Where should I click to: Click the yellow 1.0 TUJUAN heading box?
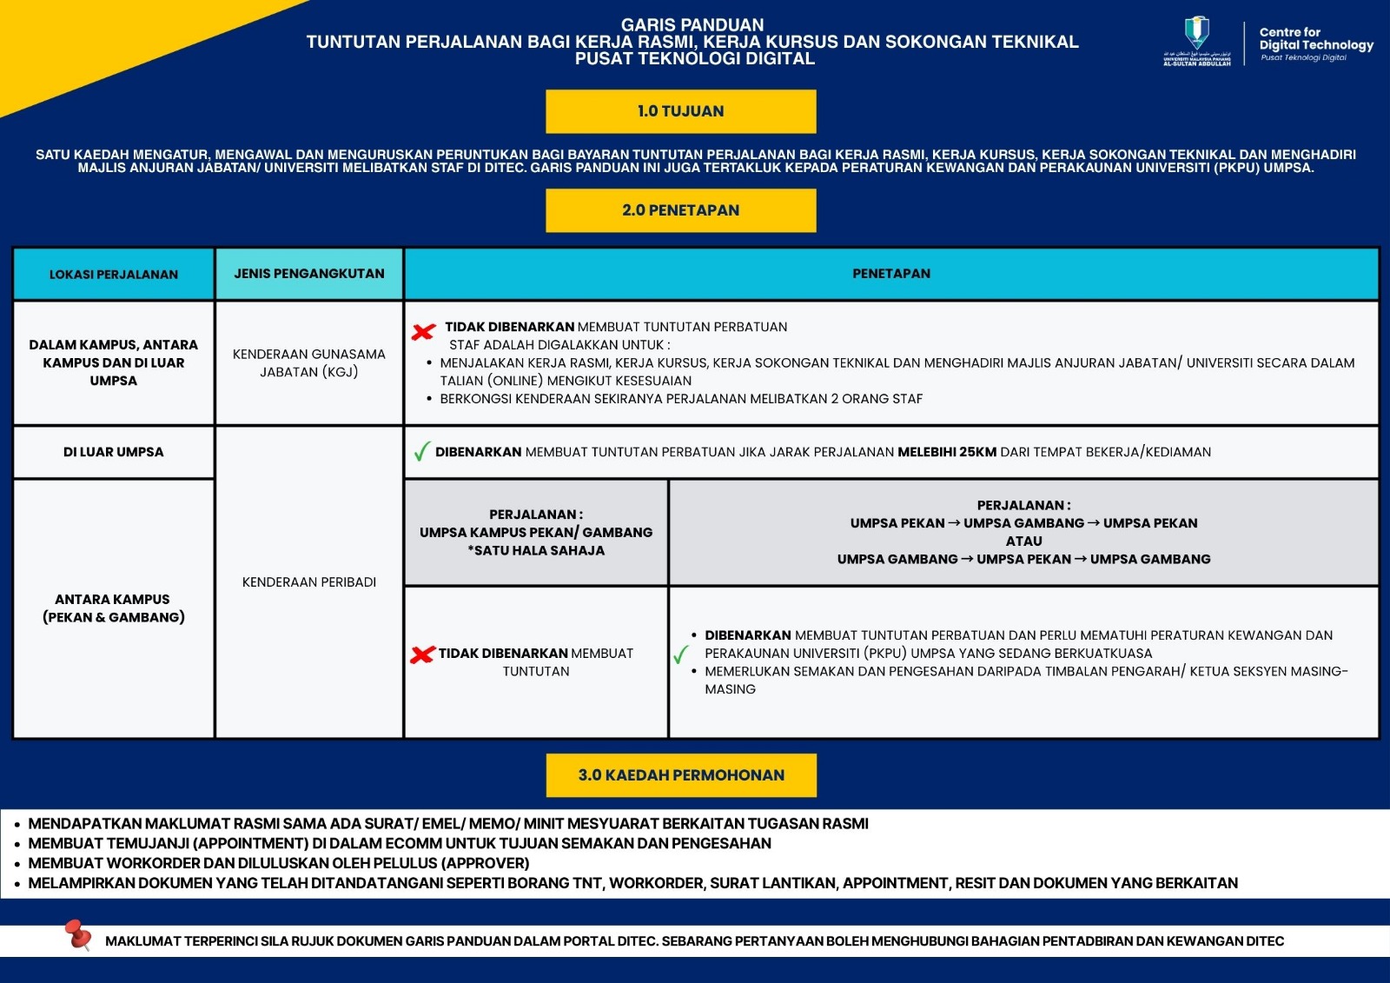[680, 111]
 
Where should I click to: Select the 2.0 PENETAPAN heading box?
[680, 210]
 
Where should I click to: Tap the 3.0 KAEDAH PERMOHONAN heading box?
[681, 775]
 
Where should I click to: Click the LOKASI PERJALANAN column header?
[113, 275]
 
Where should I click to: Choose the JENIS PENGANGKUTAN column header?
[308, 274]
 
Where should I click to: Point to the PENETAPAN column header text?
[890, 274]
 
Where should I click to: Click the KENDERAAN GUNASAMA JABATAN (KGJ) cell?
[308, 363]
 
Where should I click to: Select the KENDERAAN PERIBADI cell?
[308, 582]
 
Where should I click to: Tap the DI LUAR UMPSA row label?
[113, 452]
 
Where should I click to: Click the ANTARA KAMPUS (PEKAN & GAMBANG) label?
[113, 608]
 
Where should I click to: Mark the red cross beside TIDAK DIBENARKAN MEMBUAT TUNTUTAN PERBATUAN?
[423, 331]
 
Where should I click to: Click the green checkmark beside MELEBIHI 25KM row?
[421, 452]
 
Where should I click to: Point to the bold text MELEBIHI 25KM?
[947, 452]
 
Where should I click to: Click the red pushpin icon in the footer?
[78, 935]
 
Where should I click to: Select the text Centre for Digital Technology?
[1315, 39]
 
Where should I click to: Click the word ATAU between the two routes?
[1023, 541]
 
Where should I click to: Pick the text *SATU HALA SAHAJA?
[536, 550]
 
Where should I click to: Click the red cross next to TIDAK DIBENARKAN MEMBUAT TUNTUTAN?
[422, 654]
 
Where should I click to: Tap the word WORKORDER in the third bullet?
[114, 863]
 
